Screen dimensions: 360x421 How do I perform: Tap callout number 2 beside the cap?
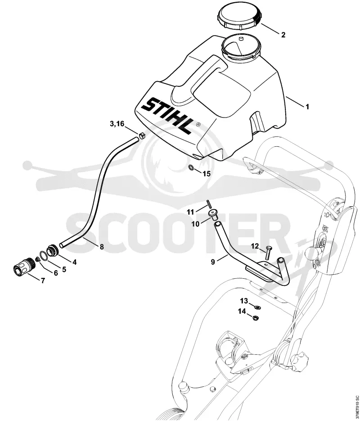(283, 35)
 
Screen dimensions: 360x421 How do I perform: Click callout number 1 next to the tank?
(307, 107)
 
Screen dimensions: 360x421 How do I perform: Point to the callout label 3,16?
(117, 124)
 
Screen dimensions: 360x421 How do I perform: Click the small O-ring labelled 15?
(191, 167)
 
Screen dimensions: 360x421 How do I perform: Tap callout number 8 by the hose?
(102, 246)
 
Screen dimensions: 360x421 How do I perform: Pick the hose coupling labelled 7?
(24, 267)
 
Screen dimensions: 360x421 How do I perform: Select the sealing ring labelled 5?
(44, 256)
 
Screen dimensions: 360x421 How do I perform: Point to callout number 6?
(56, 273)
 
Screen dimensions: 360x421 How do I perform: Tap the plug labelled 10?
(214, 215)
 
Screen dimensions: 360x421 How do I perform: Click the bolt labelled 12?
(267, 253)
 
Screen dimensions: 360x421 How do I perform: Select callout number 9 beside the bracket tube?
(213, 262)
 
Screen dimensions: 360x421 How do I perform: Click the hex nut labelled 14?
(256, 317)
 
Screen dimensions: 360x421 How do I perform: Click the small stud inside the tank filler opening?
(241, 39)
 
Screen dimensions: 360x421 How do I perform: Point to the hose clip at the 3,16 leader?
(142, 135)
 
